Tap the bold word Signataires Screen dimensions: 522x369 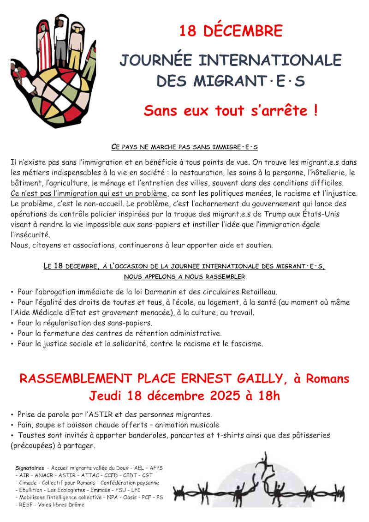pyautogui.click(x=30, y=468)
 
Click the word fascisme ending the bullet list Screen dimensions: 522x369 pyautogui.click(x=246, y=343)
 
